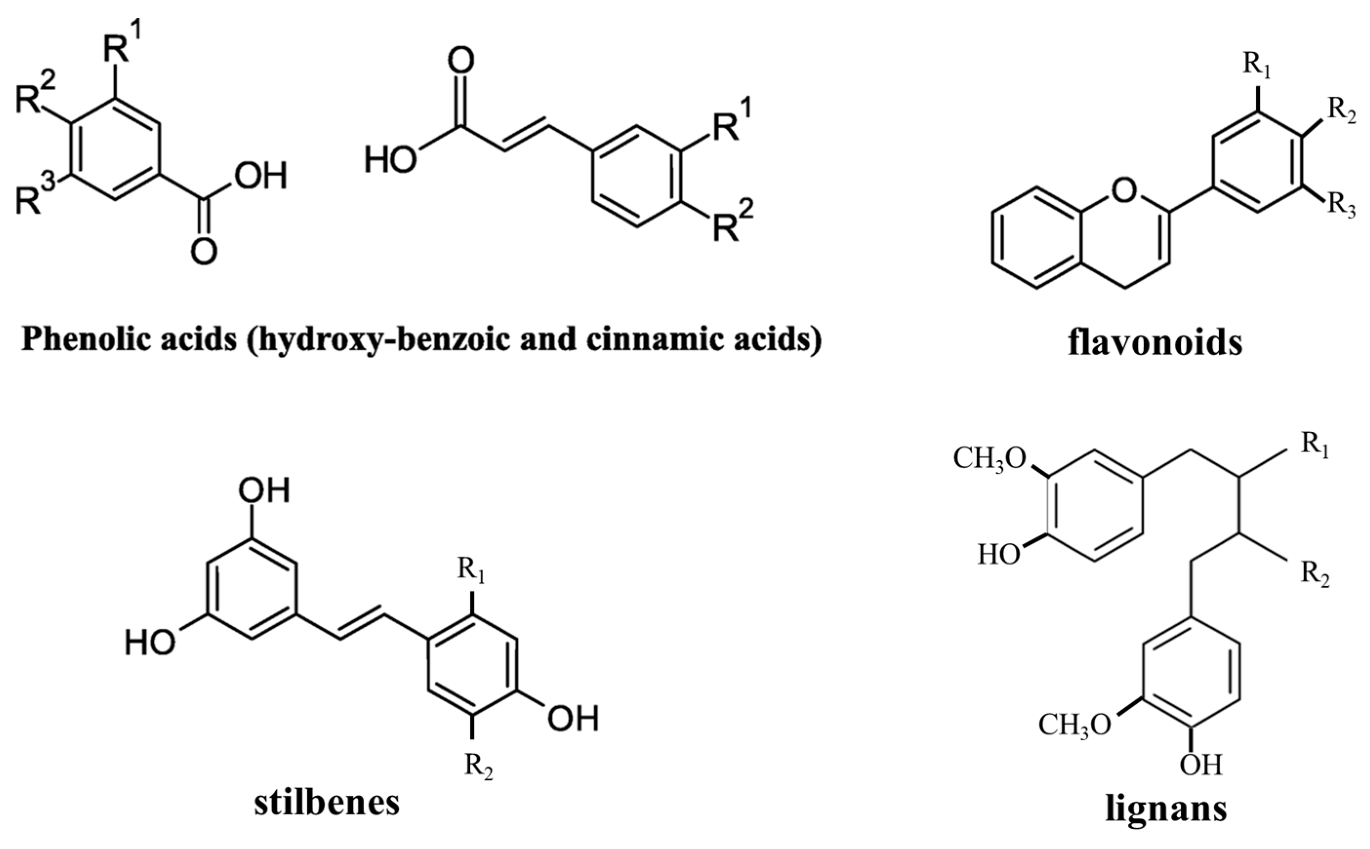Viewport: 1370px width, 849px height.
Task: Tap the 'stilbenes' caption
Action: (326, 803)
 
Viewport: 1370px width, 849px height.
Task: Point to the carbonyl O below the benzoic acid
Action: (203, 251)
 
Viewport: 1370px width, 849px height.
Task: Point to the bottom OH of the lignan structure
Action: (1200, 765)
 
